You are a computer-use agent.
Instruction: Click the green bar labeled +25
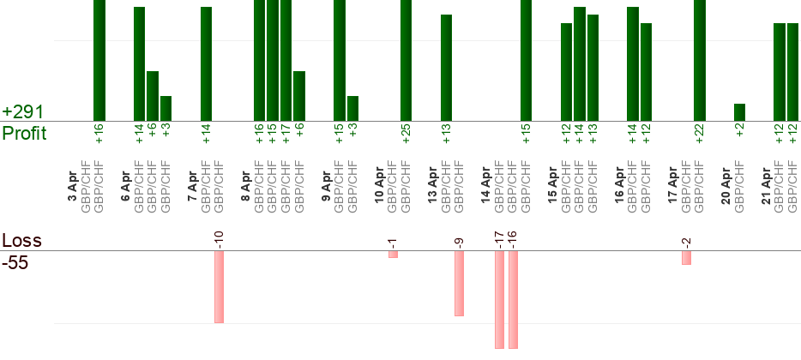[x=406, y=60]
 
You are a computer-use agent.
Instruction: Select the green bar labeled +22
[x=699, y=60]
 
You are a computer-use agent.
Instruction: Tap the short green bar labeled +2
[x=739, y=112]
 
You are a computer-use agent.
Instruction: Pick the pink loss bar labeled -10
[x=219, y=287]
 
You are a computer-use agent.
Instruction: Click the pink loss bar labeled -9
[x=459, y=284]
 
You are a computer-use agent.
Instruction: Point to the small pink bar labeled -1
[x=393, y=255]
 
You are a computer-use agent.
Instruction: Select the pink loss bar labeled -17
[x=499, y=300]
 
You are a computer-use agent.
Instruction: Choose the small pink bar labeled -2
[x=686, y=258]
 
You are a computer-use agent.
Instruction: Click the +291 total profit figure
[x=23, y=112]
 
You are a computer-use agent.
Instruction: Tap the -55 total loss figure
[x=15, y=263]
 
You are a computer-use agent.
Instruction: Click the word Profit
[x=25, y=134]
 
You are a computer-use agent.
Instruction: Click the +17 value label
[x=286, y=135]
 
